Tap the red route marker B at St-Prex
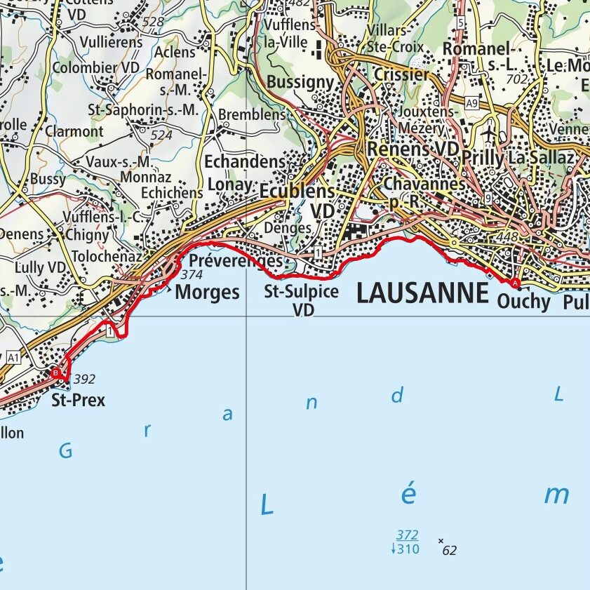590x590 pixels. click(x=55, y=373)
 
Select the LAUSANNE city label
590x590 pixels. click(x=422, y=293)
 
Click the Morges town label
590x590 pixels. click(x=207, y=292)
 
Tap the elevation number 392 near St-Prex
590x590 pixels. click(x=84, y=380)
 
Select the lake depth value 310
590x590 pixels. click(x=408, y=549)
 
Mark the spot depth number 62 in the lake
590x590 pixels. click(x=450, y=551)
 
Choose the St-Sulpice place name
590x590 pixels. click(x=302, y=291)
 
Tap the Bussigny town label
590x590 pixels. click(x=300, y=82)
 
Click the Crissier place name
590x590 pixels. click(x=401, y=74)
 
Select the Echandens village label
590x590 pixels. click(x=245, y=162)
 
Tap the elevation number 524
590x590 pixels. click(x=161, y=135)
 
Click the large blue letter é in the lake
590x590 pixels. click(x=408, y=495)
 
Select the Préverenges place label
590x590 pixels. click(x=236, y=261)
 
